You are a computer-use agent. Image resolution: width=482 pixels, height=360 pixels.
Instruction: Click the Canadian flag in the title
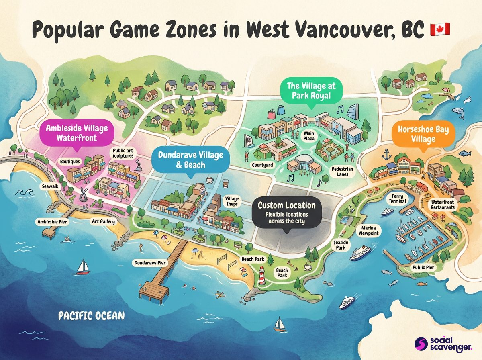[x=440, y=29]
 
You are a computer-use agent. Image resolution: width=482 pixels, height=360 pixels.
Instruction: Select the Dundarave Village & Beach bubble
[x=190, y=160]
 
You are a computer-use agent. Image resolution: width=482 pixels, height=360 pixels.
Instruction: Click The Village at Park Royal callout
[x=311, y=91]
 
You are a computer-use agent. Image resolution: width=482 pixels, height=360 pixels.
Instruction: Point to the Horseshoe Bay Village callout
[x=423, y=134]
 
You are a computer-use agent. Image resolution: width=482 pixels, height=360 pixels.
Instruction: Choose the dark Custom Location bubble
[x=287, y=213]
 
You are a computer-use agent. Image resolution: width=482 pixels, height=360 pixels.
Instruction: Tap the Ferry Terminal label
[x=398, y=198]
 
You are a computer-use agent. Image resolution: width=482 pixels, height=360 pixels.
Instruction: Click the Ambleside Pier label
[x=53, y=221]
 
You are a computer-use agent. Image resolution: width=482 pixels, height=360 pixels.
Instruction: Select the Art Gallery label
[x=103, y=221]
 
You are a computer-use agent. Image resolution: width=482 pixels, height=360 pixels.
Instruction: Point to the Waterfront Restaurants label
[x=443, y=205]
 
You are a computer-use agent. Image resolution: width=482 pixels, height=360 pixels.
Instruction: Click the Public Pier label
[x=423, y=267]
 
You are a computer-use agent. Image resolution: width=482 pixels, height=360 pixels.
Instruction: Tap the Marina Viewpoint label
[x=368, y=230]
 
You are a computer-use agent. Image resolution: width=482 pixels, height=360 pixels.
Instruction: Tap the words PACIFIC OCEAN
[x=91, y=315]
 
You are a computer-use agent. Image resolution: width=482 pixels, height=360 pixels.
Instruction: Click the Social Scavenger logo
[x=444, y=344]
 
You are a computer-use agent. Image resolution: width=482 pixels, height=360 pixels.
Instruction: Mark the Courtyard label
[x=262, y=165]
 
